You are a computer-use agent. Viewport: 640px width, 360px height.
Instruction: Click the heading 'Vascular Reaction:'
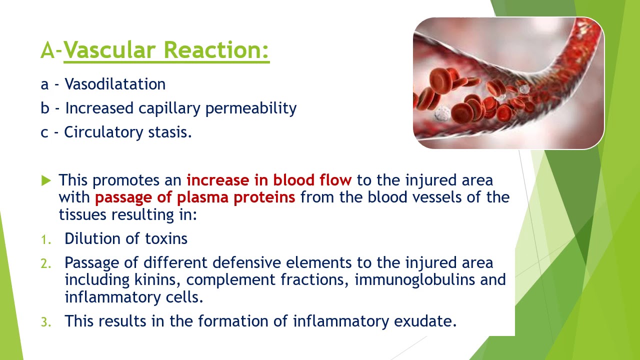tap(166, 50)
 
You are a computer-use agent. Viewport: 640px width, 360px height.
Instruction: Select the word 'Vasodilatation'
tap(115, 84)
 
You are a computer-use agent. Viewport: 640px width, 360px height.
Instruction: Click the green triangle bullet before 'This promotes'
tap(46, 180)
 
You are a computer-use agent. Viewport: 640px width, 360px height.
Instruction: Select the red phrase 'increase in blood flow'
tap(269, 180)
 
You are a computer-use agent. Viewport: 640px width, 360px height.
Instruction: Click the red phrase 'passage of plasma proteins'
tap(195, 197)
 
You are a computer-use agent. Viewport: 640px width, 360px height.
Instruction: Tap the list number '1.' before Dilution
tap(46, 239)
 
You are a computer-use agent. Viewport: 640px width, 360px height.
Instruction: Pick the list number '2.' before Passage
tap(46, 263)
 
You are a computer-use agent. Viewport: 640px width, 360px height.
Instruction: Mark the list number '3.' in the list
tap(46, 322)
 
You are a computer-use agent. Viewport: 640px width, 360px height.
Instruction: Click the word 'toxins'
tap(166, 238)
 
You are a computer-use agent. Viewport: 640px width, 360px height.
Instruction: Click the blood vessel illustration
tap(508, 83)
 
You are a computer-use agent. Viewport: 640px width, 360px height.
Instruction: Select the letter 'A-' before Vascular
tap(51, 50)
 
